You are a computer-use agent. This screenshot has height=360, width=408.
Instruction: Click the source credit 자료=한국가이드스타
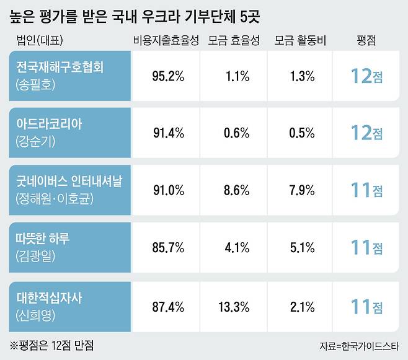360,345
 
